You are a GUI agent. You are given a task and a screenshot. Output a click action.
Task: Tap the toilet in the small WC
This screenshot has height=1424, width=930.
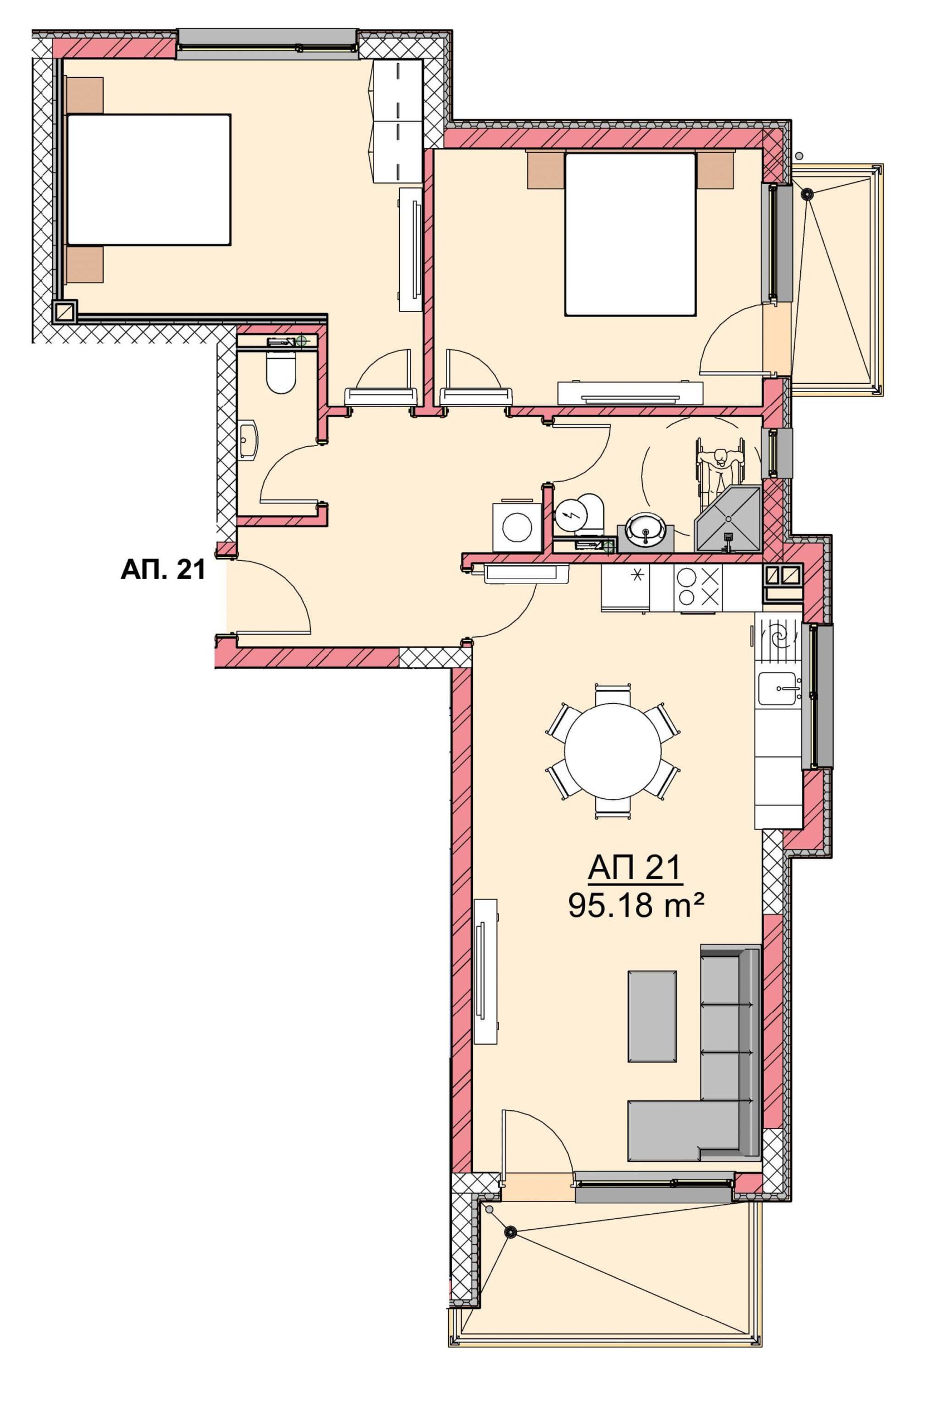pyautogui.click(x=281, y=372)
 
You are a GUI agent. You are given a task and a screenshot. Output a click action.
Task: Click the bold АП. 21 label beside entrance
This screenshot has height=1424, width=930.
pyautogui.click(x=163, y=570)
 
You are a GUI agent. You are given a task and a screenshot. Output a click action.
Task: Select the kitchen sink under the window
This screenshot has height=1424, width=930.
pyautogui.click(x=778, y=688)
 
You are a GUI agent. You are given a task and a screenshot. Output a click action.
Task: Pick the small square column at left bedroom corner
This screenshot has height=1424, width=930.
pyautogui.click(x=63, y=311)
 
